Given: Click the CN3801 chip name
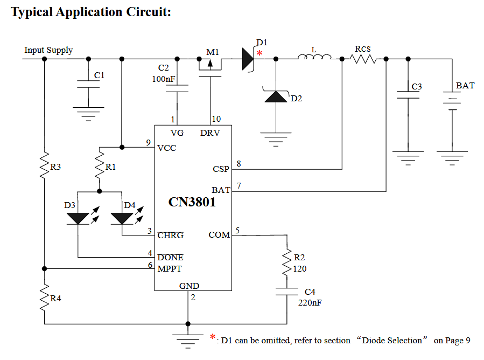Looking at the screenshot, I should pos(192,203).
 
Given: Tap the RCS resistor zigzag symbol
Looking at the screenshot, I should pos(364,59).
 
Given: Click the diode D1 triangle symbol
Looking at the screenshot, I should pos(248,59).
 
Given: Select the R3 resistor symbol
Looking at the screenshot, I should pos(45,167).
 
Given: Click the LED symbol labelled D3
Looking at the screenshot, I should pos(78,218).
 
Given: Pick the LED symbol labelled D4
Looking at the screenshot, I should pos(122,218).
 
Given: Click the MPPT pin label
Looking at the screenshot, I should pos(170,268).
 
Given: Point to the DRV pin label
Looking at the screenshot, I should pos(210,133).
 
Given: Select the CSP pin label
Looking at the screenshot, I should pos(221,169).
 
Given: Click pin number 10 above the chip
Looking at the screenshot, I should pos(215,119).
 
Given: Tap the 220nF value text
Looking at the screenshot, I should pos(310,302).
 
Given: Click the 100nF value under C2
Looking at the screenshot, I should pos(164,79).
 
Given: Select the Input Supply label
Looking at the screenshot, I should pos(48,50).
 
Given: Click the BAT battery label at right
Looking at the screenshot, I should pos(465,86).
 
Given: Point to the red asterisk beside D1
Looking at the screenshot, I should pos(260,53).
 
